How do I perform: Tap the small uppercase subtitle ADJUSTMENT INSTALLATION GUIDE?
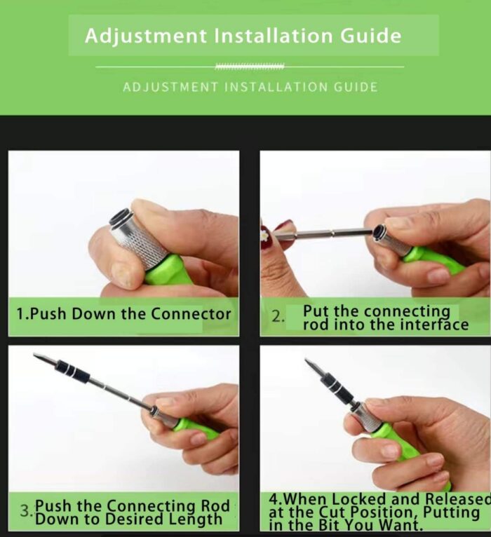point(250,87)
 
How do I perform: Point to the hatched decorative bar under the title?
point(250,67)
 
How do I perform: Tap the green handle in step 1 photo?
point(168,270)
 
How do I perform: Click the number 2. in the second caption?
point(278,317)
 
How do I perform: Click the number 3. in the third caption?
point(27,511)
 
